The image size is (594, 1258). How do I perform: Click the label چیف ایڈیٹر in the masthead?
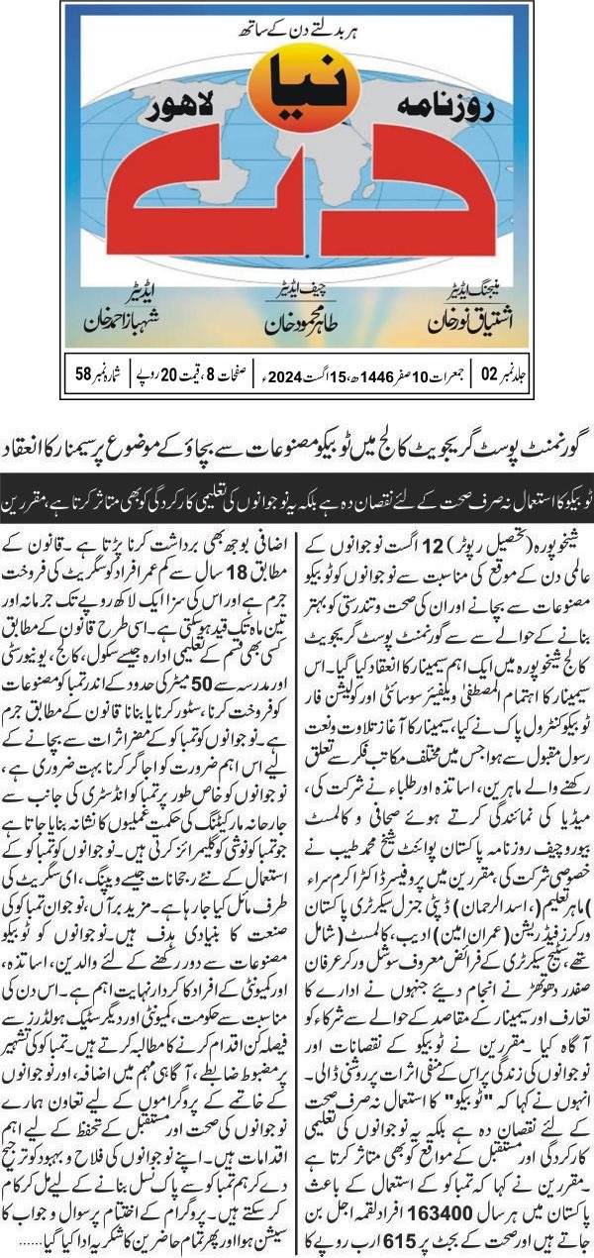coord(296,295)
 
